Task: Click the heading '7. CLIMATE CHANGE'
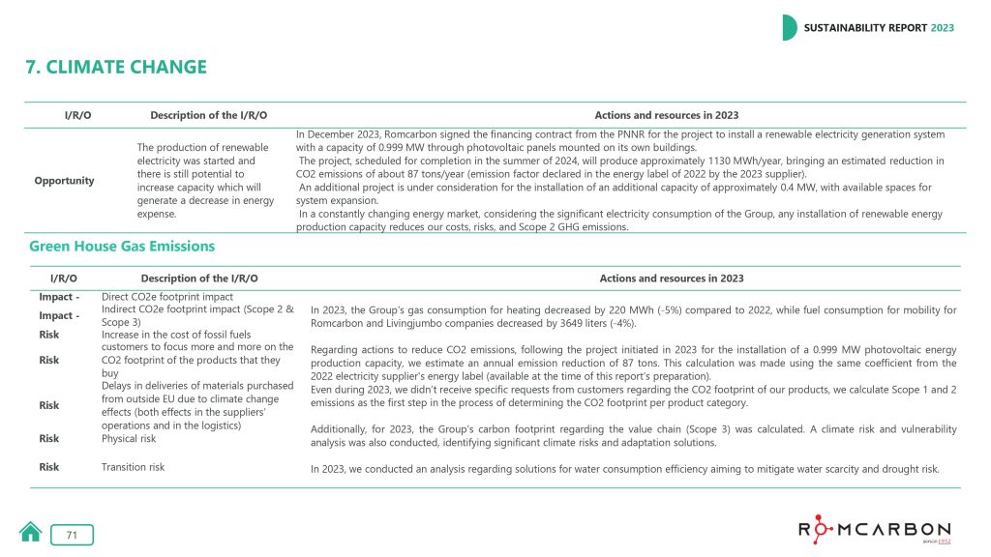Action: coord(116,67)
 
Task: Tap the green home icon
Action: coord(31,532)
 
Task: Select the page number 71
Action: coord(72,535)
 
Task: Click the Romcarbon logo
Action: coord(874,530)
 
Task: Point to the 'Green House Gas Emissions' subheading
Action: coord(122,246)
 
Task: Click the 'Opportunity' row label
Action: coord(65,181)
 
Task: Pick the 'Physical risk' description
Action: coord(128,438)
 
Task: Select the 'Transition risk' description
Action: coord(133,467)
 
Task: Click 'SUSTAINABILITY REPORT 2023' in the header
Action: coord(879,28)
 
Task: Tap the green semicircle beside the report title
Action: coord(790,28)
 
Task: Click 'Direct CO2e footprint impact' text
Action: coord(166,297)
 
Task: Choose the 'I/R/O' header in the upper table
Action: coord(77,116)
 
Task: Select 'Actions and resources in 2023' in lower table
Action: coord(672,278)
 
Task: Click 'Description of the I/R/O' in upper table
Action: coord(208,116)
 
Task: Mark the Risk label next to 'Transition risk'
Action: coord(48,467)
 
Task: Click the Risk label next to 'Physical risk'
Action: coord(48,438)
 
